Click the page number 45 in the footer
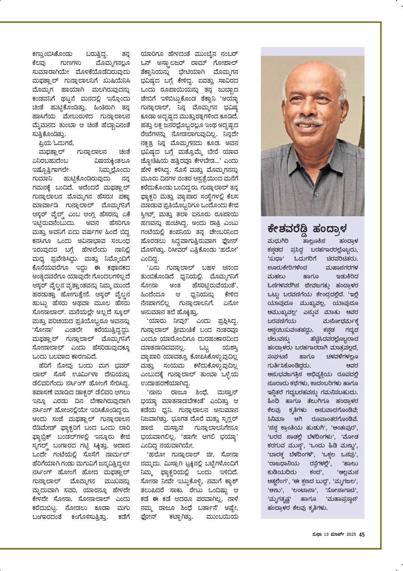coord(362,534)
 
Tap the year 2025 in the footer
coord(351,534)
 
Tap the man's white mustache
coord(308,122)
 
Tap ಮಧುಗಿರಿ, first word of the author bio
coord(280,240)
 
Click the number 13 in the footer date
coord(326,534)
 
